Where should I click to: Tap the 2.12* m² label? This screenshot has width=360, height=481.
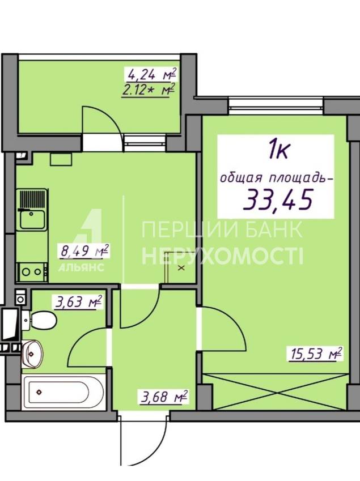click(148, 90)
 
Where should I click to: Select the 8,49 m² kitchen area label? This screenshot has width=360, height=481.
click(84, 251)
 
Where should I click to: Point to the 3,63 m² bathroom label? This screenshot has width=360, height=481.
click(78, 302)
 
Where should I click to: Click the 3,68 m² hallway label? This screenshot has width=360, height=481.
click(164, 397)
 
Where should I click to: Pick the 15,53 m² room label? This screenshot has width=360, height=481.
click(314, 354)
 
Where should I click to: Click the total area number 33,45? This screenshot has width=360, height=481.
click(278, 198)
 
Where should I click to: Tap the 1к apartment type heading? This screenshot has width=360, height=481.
click(278, 150)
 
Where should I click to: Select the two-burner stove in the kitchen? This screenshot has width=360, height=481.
click(32, 271)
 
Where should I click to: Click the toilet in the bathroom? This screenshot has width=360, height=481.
click(39, 321)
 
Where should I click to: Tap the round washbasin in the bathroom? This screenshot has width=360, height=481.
click(32, 354)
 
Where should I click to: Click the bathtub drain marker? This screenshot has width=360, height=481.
click(39, 391)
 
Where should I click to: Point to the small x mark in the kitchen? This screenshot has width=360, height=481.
click(181, 268)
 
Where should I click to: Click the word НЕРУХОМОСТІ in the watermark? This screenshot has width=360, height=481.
click(222, 256)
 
